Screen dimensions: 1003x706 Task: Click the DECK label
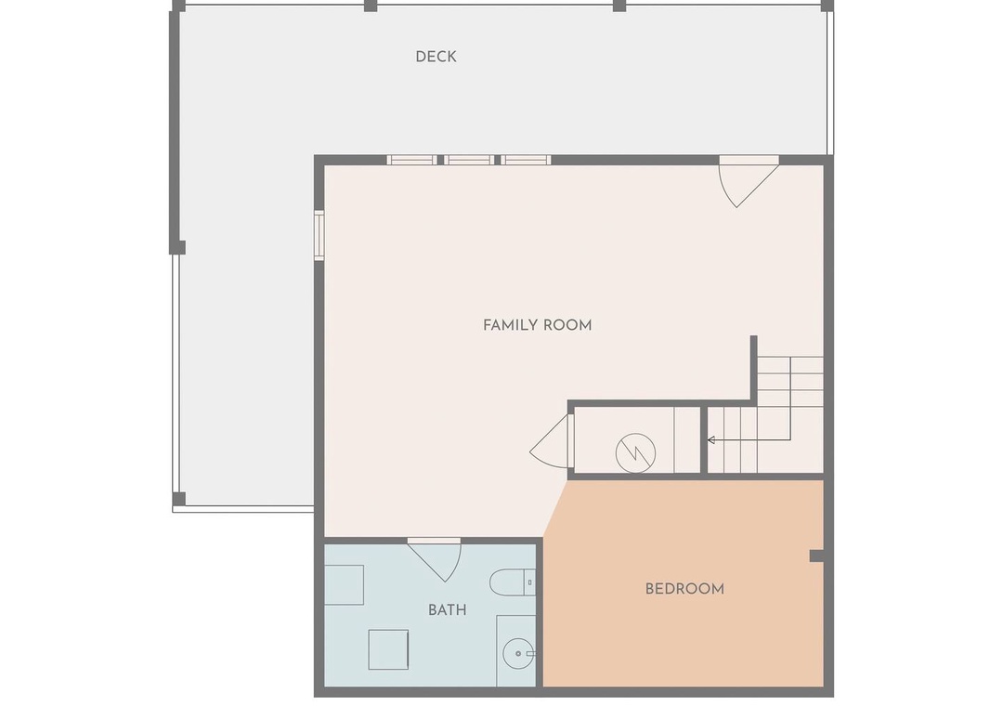[x=436, y=57]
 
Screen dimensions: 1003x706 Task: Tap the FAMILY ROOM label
[x=538, y=325]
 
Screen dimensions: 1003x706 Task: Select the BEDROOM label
[x=684, y=589]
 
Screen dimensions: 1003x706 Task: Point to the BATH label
[x=447, y=610]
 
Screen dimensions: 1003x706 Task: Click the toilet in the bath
[x=513, y=582]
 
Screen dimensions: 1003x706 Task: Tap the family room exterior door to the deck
[x=749, y=182]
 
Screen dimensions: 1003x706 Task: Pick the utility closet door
[x=552, y=441]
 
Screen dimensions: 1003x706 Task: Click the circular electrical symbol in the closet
[x=635, y=453]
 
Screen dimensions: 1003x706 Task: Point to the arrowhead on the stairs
[x=710, y=440]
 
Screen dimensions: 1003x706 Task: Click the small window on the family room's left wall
[x=319, y=235]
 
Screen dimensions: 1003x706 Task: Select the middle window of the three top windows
[x=469, y=160]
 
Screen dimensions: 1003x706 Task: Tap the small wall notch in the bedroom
[x=816, y=556]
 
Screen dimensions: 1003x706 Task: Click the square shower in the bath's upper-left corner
[x=345, y=584]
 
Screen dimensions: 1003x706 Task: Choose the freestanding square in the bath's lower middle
[x=388, y=649]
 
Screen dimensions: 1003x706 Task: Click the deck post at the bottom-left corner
[x=179, y=499]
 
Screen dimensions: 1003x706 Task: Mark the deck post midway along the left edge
[x=178, y=247]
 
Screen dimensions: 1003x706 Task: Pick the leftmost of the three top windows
[x=411, y=160]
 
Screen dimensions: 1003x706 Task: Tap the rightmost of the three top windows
[x=526, y=160]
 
